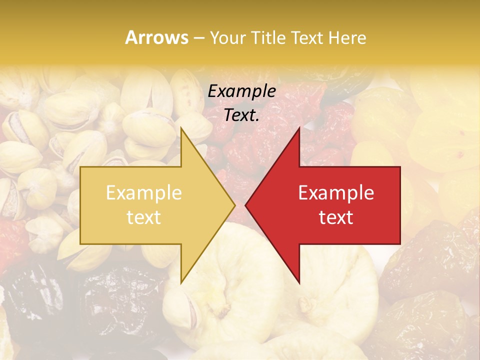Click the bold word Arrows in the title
click(157, 37)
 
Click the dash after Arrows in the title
click(198, 38)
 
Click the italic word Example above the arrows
click(241, 91)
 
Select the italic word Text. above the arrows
click(241, 115)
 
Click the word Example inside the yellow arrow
click(143, 193)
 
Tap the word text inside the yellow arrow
click(143, 217)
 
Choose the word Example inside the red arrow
click(336, 193)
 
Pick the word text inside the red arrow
click(336, 217)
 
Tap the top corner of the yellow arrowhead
click(181, 128)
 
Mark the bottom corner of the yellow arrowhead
click(181, 283)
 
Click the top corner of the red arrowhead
click(299, 128)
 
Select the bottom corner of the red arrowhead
click(299, 283)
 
